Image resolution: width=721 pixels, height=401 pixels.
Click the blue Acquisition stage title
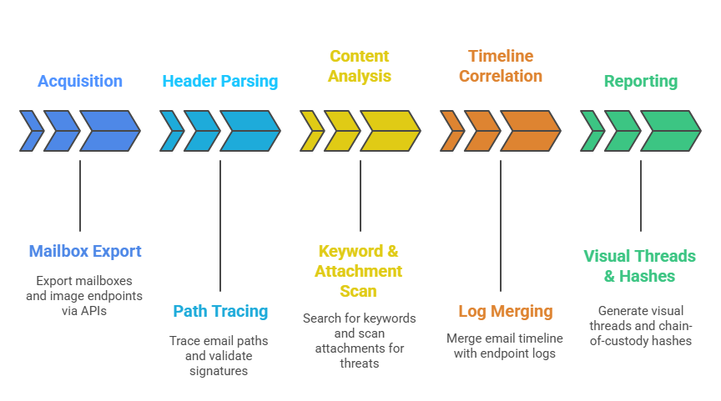[80, 82]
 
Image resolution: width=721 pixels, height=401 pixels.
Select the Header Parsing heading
[220, 82]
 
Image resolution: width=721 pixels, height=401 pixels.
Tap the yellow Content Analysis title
[360, 66]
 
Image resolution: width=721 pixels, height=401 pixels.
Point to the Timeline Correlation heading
[500, 66]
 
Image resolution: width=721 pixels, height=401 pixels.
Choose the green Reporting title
[641, 82]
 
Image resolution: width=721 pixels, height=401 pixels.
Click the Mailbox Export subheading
[85, 251]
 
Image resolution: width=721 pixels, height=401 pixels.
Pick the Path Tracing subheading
[220, 311]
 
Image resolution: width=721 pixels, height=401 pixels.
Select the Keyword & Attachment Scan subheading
[359, 271]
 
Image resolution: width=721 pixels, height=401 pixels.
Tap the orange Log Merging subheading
[506, 311]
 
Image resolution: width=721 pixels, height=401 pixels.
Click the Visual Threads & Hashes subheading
[641, 266]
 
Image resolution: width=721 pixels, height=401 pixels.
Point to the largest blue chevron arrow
[108, 131]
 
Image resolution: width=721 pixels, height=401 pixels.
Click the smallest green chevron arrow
[592, 131]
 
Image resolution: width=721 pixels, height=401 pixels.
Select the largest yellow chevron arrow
[389, 131]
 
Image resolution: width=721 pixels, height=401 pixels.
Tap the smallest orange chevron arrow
[452, 131]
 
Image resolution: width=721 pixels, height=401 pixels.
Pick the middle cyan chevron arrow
[202, 131]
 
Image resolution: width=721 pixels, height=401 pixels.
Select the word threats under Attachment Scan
[360, 363]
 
